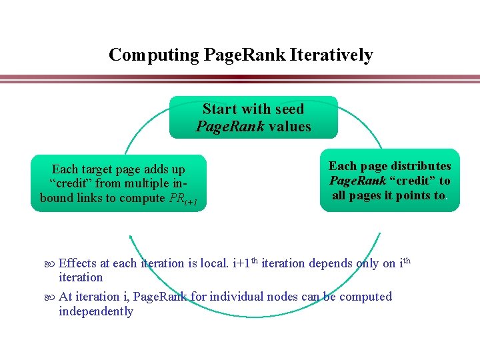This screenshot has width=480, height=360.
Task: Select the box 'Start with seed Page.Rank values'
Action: pyautogui.click(x=253, y=117)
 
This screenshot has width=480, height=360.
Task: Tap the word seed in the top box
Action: pyautogui.click(x=289, y=109)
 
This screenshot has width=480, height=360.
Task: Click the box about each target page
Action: pyautogui.click(x=119, y=183)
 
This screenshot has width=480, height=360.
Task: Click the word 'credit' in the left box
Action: pyautogui.click(x=74, y=184)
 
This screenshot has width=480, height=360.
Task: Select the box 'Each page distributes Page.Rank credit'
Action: pyautogui.click(x=390, y=181)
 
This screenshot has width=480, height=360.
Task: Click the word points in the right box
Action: pyautogui.click(x=408, y=195)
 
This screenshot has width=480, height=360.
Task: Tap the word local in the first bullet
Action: pyautogui.click(x=214, y=263)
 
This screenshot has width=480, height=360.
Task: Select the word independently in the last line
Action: pyautogui.click(x=96, y=311)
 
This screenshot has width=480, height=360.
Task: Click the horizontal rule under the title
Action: pyautogui.click(x=240, y=79)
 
